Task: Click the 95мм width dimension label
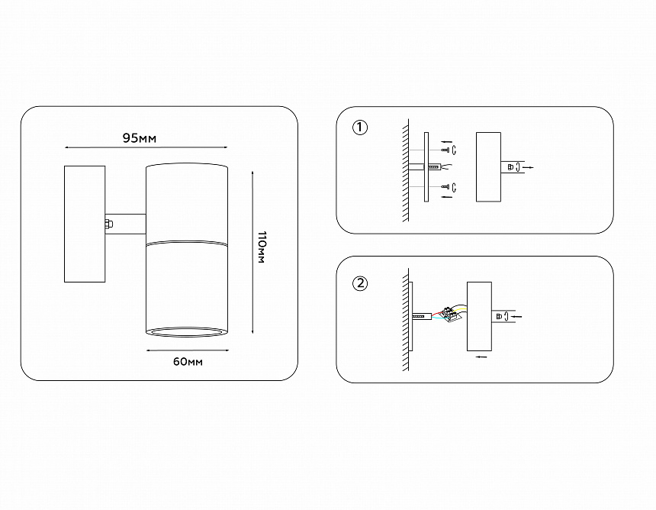(x=140, y=138)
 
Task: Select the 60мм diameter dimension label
(x=188, y=361)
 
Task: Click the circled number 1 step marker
(x=360, y=127)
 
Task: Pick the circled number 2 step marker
(x=360, y=283)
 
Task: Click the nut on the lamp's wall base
(x=108, y=224)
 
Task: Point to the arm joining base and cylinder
(x=127, y=224)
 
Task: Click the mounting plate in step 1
(x=426, y=167)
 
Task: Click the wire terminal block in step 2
(x=452, y=313)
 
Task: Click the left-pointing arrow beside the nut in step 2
(x=516, y=316)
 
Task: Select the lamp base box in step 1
(x=488, y=167)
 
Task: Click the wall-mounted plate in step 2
(x=411, y=315)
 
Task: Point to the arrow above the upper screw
(x=445, y=141)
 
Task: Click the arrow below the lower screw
(x=445, y=195)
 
